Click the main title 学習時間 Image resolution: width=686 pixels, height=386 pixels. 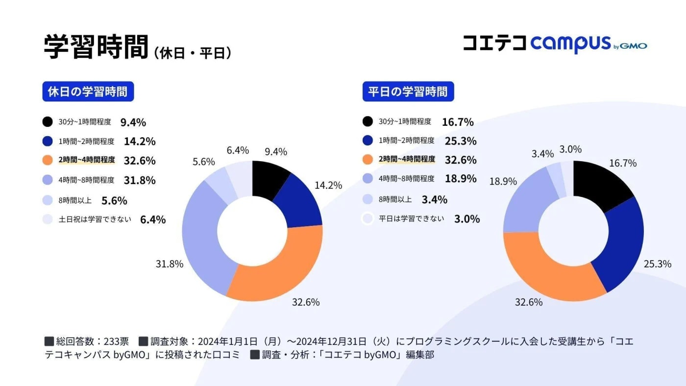(96, 48)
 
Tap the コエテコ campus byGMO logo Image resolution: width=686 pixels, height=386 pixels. (555, 44)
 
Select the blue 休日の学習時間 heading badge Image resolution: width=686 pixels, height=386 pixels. (88, 92)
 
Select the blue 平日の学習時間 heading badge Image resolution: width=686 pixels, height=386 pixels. (408, 92)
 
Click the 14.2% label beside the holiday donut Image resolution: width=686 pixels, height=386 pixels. (328, 186)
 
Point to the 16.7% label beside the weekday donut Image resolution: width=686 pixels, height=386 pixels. (623, 163)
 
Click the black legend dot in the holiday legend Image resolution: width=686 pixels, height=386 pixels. (48, 122)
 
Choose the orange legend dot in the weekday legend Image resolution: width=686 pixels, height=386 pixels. (367, 160)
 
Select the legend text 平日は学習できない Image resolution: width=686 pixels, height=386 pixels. (412, 218)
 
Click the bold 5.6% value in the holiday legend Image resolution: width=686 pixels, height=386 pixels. (114, 200)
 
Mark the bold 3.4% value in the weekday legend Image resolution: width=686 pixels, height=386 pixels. (434, 199)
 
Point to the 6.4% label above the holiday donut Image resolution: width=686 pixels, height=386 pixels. (238, 150)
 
